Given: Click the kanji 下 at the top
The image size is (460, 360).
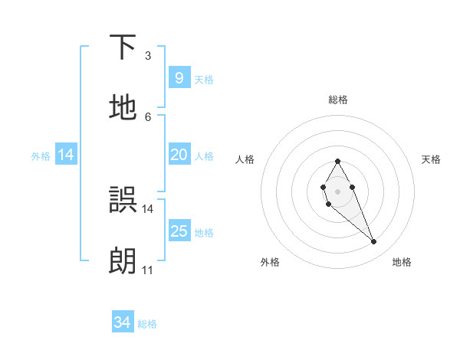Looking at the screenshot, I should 123,47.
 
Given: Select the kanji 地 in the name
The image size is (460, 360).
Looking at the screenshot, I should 123,107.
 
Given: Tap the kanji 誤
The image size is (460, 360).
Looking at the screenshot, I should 123,200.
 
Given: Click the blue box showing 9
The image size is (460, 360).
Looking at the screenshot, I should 179,77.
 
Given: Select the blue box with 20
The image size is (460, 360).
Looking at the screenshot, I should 179,155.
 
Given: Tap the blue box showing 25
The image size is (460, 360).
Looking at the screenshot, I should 179,231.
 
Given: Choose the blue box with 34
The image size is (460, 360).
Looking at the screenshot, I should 123,322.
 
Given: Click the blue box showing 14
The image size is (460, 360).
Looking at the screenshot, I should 66,155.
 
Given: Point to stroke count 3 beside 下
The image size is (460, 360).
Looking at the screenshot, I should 148,56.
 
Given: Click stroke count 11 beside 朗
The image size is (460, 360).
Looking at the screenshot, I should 147,270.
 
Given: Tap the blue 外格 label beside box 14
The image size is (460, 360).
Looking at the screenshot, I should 41,155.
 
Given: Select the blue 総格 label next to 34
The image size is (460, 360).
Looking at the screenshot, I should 147,324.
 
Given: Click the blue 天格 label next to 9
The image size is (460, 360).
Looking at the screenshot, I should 204,79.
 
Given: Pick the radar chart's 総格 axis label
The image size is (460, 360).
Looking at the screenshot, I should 338,100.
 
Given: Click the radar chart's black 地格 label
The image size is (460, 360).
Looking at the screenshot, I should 402,262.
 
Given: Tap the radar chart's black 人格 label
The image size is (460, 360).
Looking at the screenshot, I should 245,159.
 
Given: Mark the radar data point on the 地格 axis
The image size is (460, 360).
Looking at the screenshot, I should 374,242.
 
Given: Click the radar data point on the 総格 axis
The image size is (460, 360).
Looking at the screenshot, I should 337,161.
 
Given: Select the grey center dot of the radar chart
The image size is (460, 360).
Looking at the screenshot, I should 337,190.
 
